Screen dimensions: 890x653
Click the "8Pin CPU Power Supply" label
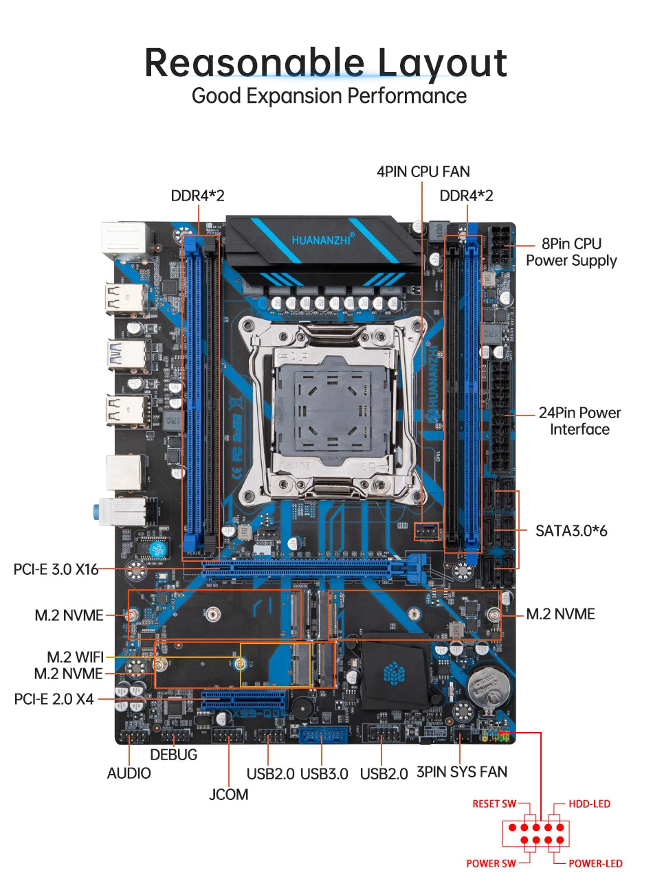(x=571, y=252)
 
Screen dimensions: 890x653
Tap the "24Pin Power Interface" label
(x=579, y=421)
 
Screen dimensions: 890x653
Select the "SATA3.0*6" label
(x=571, y=530)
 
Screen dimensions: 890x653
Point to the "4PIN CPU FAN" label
(x=423, y=172)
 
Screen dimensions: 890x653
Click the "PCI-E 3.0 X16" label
(x=56, y=569)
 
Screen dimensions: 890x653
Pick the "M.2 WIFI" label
(x=75, y=657)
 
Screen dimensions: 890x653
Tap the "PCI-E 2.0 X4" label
(x=54, y=699)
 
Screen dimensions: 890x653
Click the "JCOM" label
(x=229, y=795)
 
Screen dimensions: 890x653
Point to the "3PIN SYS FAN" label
(x=462, y=772)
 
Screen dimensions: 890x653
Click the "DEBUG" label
(x=173, y=755)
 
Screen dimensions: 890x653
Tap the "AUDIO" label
(x=129, y=773)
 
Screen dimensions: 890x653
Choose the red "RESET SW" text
(x=494, y=804)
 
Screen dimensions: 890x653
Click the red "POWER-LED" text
(x=595, y=863)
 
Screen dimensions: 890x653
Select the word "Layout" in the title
(x=442, y=63)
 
